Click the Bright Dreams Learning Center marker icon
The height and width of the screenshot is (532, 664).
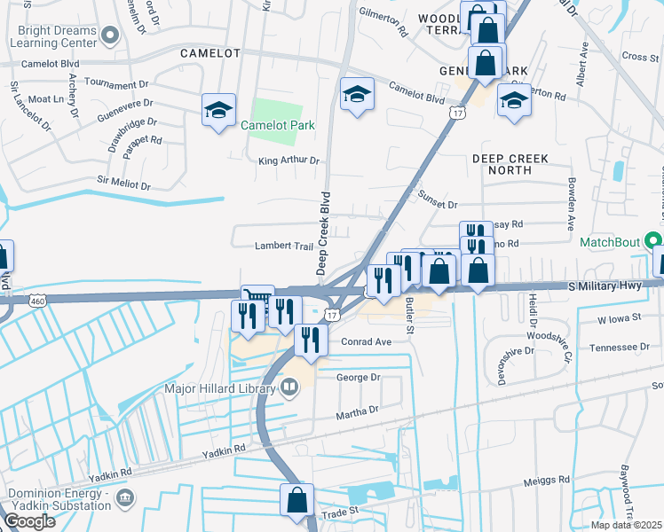pyautogui.click(x=110, y=36)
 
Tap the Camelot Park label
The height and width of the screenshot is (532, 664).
pyautogui.click(x=278, y=125)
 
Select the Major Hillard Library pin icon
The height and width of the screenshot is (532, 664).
pyautogui.click(x=289, y=387)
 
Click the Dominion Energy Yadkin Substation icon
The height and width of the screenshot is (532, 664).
pyautogui.click(x=125, y=496)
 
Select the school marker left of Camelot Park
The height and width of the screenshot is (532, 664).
pyautogui.click(x=218, y=111)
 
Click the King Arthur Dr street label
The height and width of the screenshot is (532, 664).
pyautogui.click(x=288, y=160)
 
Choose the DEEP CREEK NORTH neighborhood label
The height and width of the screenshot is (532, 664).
pyautogui.click(x=510, y=159)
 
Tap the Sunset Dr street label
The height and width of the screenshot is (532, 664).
pyautogui.click(x=437, y=204)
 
